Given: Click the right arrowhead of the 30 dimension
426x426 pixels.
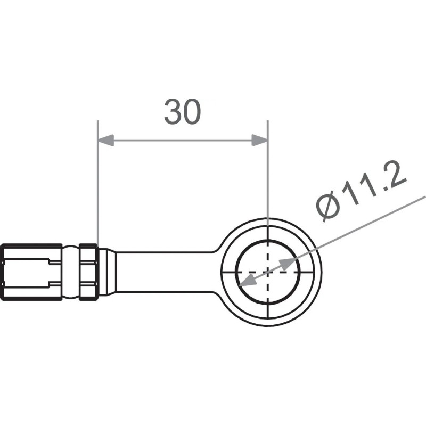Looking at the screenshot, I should click(x=259, y=141).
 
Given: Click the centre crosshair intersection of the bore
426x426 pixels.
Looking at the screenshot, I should click(x=267, y=272).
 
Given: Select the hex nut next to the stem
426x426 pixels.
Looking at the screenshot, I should click(x=88, y=272).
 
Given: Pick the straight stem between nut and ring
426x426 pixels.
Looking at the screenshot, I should click(x=165, y=272).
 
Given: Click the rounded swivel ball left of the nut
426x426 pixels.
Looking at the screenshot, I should click(x=71, y=272).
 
